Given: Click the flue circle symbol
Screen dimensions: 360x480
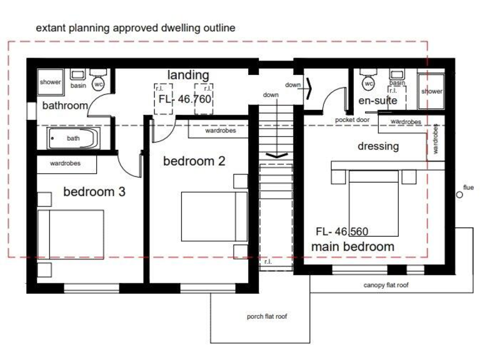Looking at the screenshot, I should coord(459,195).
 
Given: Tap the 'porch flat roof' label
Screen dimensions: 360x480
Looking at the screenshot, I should coord(267,316).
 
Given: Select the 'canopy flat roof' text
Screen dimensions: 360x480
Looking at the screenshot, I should coord(386,285).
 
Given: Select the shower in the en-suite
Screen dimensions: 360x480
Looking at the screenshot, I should coord(432,91).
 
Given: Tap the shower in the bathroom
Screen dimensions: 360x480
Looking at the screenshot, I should coord(50,82).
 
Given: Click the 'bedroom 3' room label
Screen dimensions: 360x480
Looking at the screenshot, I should coord(94,192).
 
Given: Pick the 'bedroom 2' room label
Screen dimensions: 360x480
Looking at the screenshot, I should coord(194,161).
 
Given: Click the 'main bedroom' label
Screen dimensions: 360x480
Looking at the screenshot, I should coord(352,246).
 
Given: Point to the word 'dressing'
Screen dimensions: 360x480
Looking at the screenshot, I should coord(377,146).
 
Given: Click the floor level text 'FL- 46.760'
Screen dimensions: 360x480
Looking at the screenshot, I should coord(185,99).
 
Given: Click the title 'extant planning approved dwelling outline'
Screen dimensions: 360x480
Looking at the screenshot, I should coord(135,28).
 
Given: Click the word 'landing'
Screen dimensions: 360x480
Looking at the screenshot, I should coord(187,75).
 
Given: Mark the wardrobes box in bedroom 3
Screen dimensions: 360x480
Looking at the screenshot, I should coord(66,164).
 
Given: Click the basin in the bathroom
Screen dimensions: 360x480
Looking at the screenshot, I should coord(78,78).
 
